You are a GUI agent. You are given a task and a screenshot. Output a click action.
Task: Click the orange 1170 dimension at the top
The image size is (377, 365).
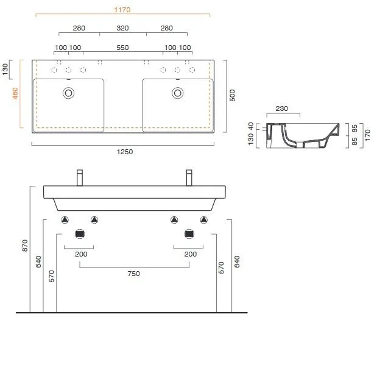pyautogui.click(x=122, y=10)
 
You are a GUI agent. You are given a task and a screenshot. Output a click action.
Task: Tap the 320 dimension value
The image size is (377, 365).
pyautogui.click(x=122, y=28)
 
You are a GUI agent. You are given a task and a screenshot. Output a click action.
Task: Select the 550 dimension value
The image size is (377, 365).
pyautogui.click(x=122, y=48)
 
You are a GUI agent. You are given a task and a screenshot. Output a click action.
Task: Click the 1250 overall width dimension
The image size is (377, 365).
pyautogui.click(x=125, y=152)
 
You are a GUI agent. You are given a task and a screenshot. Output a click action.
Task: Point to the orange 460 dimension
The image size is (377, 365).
pyautogui.click(x=15, y=93)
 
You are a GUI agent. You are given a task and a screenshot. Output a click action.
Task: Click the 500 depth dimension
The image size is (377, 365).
pyautogui.click(x=232, y=95)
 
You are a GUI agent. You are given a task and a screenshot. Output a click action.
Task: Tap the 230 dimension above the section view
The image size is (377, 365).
pyautogui.click(x=282, y=108)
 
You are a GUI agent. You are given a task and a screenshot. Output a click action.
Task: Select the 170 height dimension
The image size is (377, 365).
pyautogui.click(x=368, y=135)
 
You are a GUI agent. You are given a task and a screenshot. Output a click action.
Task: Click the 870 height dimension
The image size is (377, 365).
pyautogui.click(x=25, y=246)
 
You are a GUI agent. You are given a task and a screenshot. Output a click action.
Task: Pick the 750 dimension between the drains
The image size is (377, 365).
pyautogui.click(x=133, y=274)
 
